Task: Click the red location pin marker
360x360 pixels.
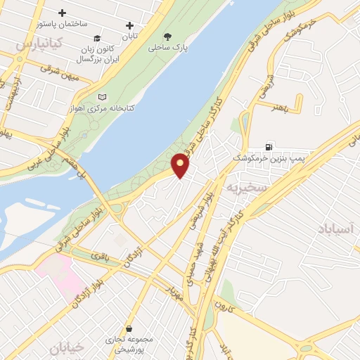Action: [181, 165]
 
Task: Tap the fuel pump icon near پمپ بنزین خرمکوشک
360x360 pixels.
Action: [269, 147]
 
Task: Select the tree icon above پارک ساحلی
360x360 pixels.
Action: [167, 37]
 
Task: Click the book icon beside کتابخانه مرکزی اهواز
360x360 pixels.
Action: [104, 97]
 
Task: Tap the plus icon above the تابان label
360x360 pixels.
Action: [129, 25]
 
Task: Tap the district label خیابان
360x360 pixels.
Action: [67, 346]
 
